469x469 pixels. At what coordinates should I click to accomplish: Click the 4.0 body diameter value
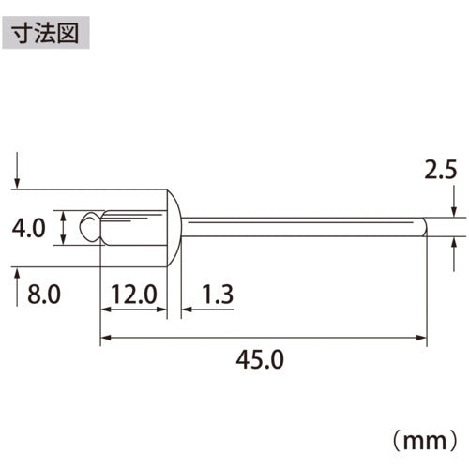30,228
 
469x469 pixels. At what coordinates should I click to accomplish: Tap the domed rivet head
175,228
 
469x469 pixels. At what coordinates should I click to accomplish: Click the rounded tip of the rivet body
89,228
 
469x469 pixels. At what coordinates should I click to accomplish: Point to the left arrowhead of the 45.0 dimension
105,335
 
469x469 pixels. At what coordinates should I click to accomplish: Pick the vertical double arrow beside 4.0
62,228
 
